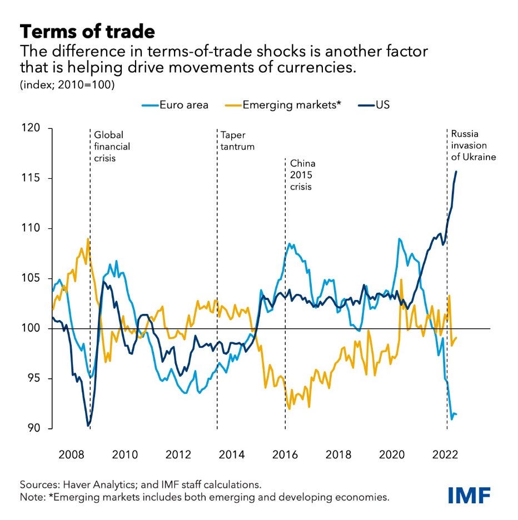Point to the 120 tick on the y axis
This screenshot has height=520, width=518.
pyautogui.click(x=31, y=128)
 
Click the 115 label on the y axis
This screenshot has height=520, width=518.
pyautogui.click(x=31, y=178)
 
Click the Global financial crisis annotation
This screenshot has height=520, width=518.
pyautogui.click(x=112, y=147)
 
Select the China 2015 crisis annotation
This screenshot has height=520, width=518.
pyautogui.click(x=303, y=175)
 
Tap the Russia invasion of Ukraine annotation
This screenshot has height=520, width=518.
pyautogui.click(x=473, y=146)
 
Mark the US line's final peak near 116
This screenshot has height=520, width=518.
pyautogui.click(x=456, y=172)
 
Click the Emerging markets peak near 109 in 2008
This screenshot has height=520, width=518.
pyautogui.click(x=88, y=239)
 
